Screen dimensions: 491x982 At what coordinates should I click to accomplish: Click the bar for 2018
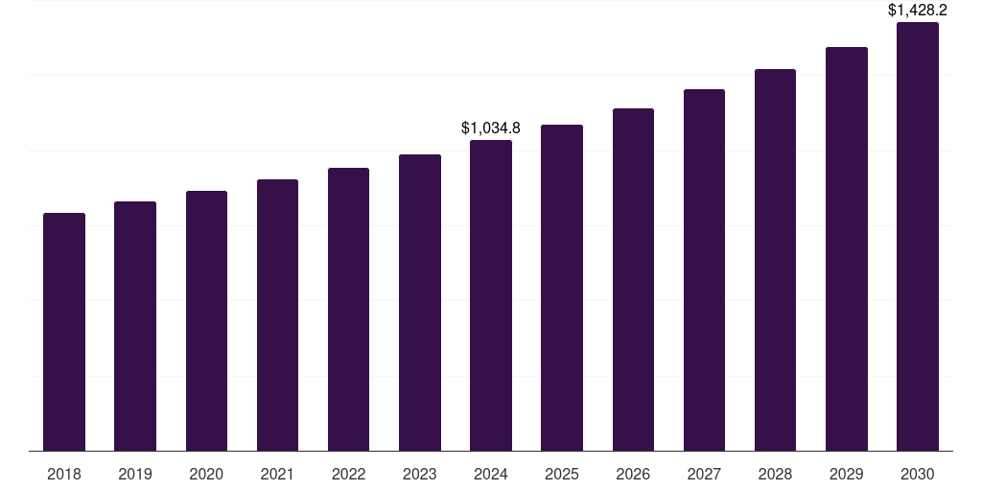coord(64,332)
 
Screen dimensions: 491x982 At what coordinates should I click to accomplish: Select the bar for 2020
coord(206,320)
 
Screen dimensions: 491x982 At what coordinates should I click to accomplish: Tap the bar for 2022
coord(348,309)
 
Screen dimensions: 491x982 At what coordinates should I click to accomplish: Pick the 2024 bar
coord(491,295)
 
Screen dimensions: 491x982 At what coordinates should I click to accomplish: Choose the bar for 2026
coord(633,279)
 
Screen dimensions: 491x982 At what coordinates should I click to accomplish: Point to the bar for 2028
coord(775,260)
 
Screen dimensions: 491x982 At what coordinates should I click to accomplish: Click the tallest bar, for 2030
coord(918,236)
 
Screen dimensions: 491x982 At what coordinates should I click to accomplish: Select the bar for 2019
coord(135,326)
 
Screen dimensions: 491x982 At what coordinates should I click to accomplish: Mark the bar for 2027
coord(704,269)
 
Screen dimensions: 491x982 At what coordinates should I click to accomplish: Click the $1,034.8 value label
coord(491,128)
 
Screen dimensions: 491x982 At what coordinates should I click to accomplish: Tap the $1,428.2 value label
coord(918,11)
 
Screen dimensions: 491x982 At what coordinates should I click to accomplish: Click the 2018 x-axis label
coord(64,474)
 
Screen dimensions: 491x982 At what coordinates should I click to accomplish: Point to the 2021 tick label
coord(277,474)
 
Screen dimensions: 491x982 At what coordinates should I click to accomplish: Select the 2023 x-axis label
coord(420,474)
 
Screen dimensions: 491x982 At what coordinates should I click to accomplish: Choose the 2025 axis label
coord(562,474)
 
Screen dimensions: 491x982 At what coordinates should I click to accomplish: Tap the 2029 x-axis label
coord(847,474)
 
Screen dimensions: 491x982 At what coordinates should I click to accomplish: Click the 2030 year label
coord(918,474)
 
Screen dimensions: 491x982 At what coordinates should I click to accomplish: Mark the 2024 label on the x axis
coord(491,474)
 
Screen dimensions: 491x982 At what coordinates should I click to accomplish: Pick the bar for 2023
coord(420,302)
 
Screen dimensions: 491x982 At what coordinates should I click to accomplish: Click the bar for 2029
coord(847,248)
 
